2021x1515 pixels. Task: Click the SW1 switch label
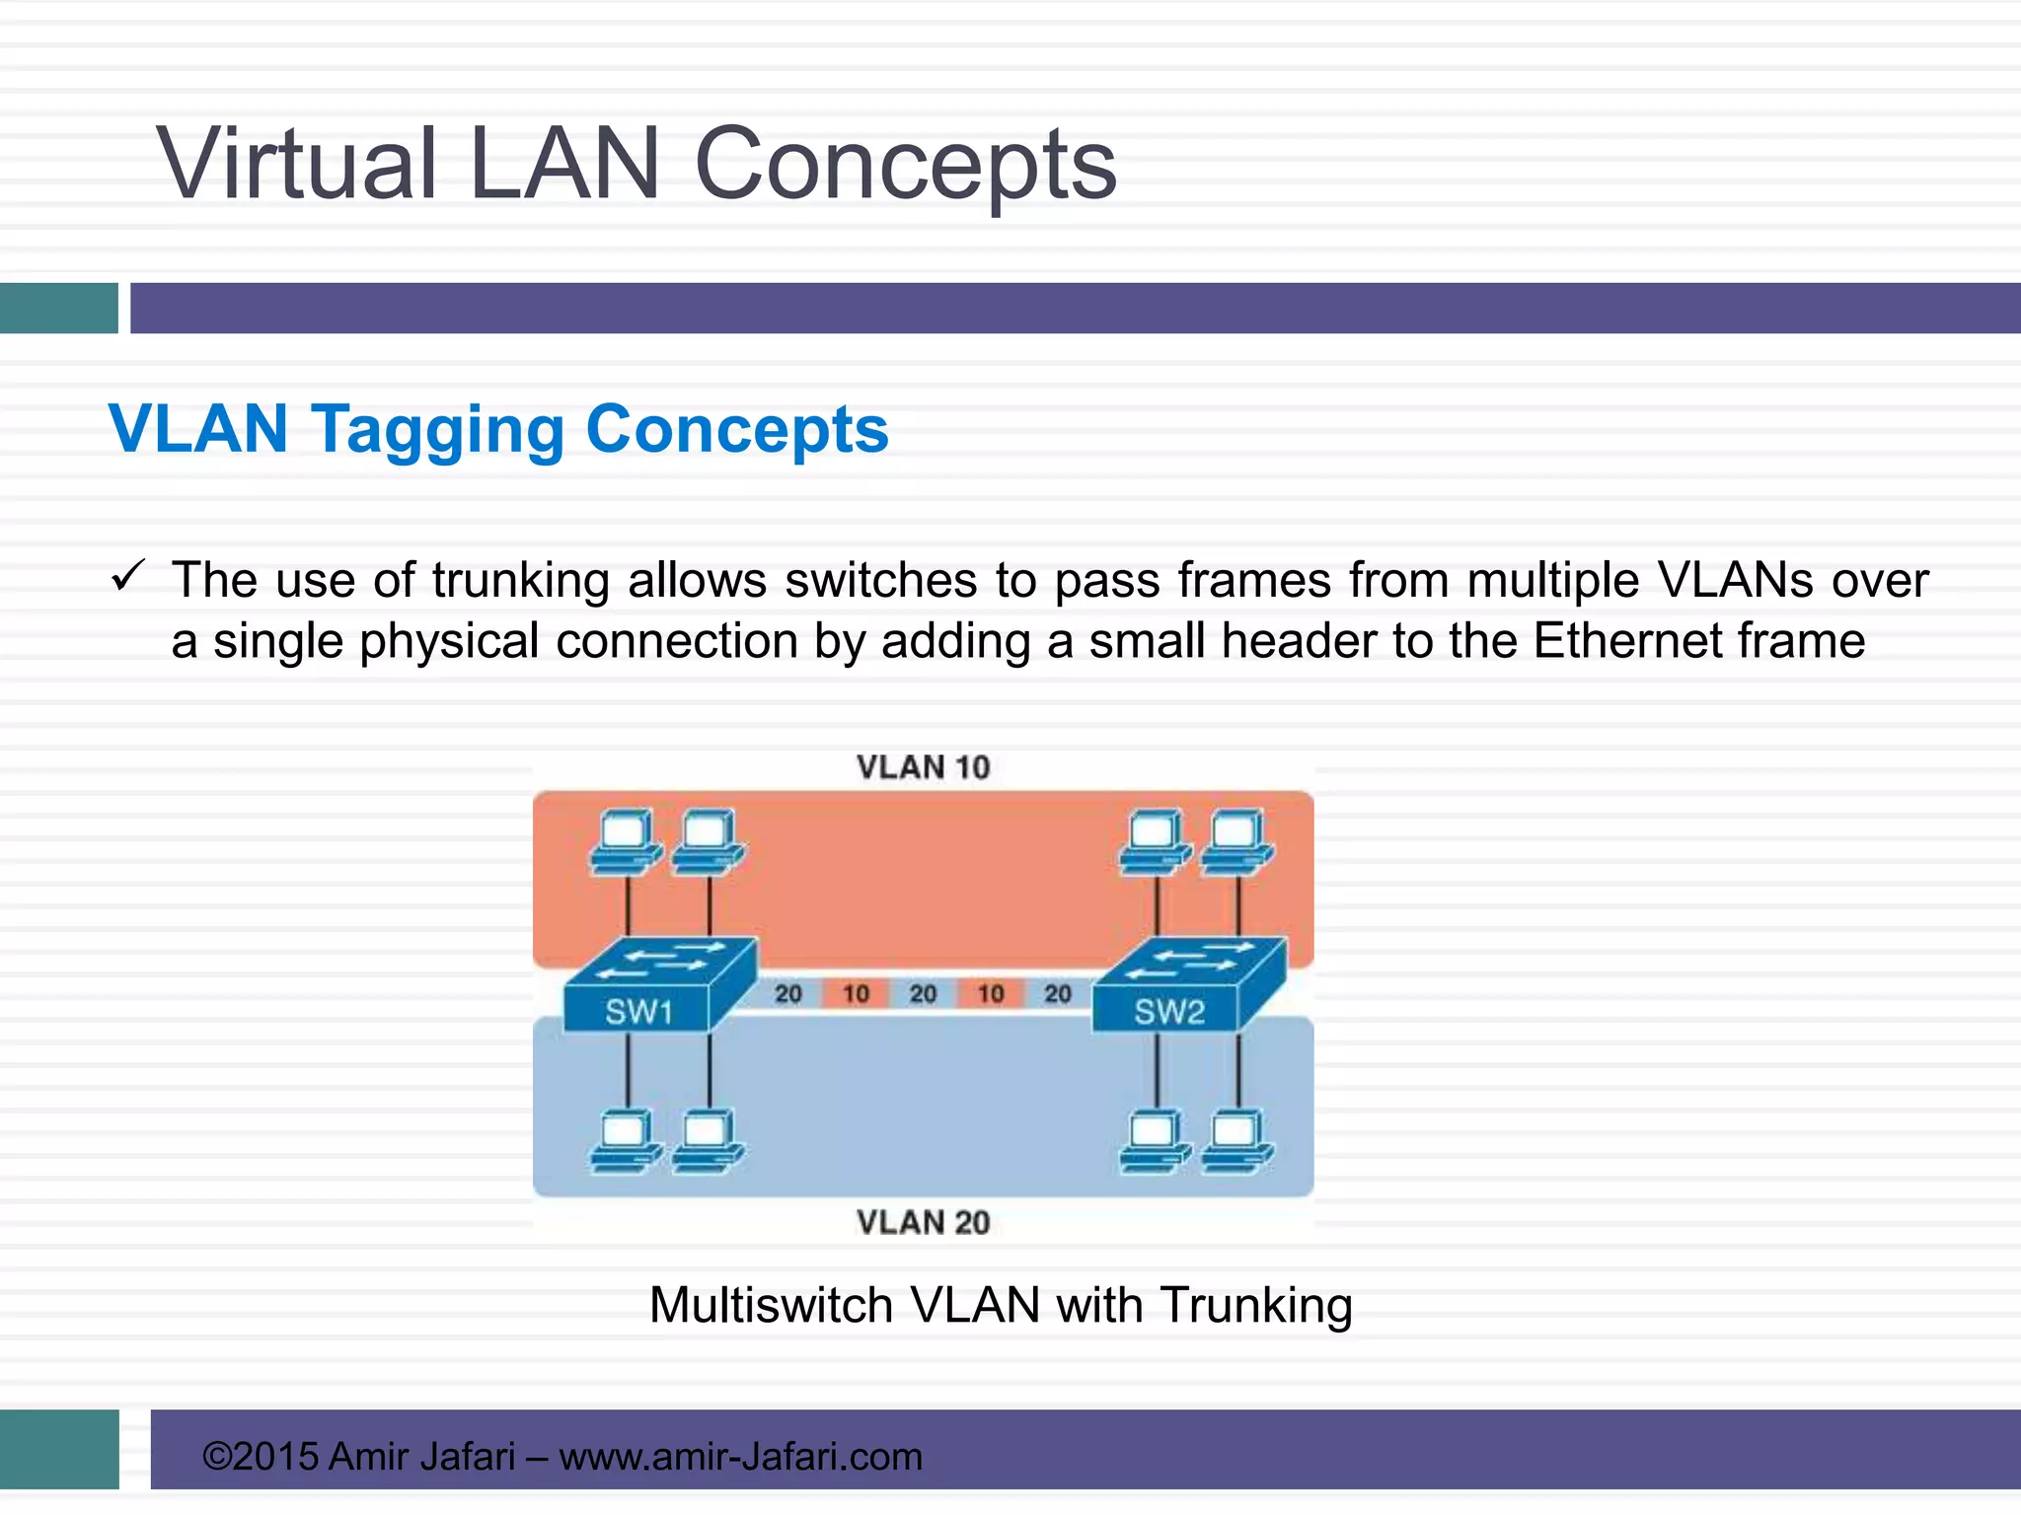(x=638, y=1011)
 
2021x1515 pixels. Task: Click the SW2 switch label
(x=1168, y=1011)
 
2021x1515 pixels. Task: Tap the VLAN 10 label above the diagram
(x=923, y=767)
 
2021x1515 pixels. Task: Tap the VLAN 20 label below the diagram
(x=923, y=1222)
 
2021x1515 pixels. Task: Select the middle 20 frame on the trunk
(x=923, y=993)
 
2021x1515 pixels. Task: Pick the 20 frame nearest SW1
(x=787, y=993)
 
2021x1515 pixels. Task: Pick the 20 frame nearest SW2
(x=1057, y=993)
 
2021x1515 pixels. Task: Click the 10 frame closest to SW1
(x=856, y=993)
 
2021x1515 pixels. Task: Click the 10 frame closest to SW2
(x=991, y=993)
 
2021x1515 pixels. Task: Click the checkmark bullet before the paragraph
(x=128, y=575)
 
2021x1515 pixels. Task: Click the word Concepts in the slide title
(x=905, y=164)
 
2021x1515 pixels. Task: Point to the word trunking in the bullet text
(x=520, y=580)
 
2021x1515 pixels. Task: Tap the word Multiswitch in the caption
(x=771, y=1305)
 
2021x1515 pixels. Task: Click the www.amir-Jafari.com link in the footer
(x=740, y=1456)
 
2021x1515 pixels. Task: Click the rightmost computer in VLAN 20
(x=1237, y=1141)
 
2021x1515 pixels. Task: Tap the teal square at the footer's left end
(x=59, y=1449)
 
